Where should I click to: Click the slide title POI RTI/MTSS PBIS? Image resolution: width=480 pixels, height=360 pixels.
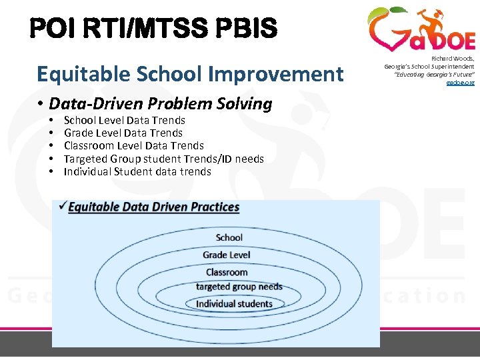(153, 28)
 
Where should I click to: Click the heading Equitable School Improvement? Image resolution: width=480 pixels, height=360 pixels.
(190, 73)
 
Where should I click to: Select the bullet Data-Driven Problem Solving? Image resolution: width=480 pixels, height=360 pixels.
(160, 104)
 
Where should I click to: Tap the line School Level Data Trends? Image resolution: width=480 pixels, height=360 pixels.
(124, 120)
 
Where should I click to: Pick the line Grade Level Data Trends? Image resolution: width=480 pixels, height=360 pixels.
(123, 133)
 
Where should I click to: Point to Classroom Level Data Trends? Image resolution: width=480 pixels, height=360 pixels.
(133, 145)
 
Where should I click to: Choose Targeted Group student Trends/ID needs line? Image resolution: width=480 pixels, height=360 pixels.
(163, 159)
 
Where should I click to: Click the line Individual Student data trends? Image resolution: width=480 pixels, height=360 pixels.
(137, 171)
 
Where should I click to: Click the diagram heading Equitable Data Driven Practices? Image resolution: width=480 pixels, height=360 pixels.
(153, 207)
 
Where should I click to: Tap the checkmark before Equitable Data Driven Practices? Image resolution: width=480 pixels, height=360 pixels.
(62, 206)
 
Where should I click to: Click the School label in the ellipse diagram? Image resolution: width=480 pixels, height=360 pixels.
(229, 237)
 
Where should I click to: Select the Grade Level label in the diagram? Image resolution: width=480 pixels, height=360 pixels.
(226, 255)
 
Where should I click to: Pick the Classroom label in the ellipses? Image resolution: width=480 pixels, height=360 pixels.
(227, 272)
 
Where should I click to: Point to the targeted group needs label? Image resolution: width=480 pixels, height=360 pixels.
(239, 287)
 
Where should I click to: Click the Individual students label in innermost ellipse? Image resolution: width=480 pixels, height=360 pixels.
(234, 304)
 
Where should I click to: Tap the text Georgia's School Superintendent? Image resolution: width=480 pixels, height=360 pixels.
(429, 67)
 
